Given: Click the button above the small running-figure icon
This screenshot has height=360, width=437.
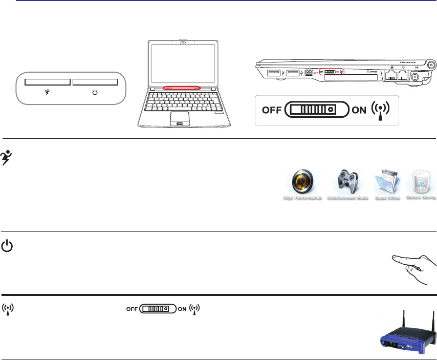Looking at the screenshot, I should [x=48, y=82].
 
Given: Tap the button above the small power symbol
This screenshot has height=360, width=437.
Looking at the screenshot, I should [x=95, y=82].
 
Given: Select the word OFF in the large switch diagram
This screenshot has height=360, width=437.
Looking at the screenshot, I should [x=272, y=110].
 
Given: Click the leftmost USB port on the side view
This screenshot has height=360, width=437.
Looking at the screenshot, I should [x=273, y=74].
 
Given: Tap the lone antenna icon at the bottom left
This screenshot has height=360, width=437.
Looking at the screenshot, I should [x=9, y=309].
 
